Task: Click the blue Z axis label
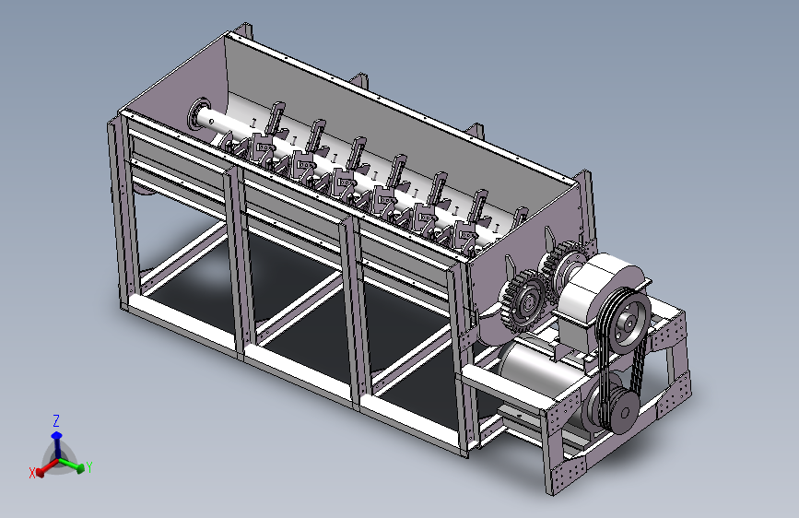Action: click(56, 420)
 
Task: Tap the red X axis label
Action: click(32, 473)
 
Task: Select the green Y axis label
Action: click(89, 466)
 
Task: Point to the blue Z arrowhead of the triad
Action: click(56, 436)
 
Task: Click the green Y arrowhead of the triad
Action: click(79, 467)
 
